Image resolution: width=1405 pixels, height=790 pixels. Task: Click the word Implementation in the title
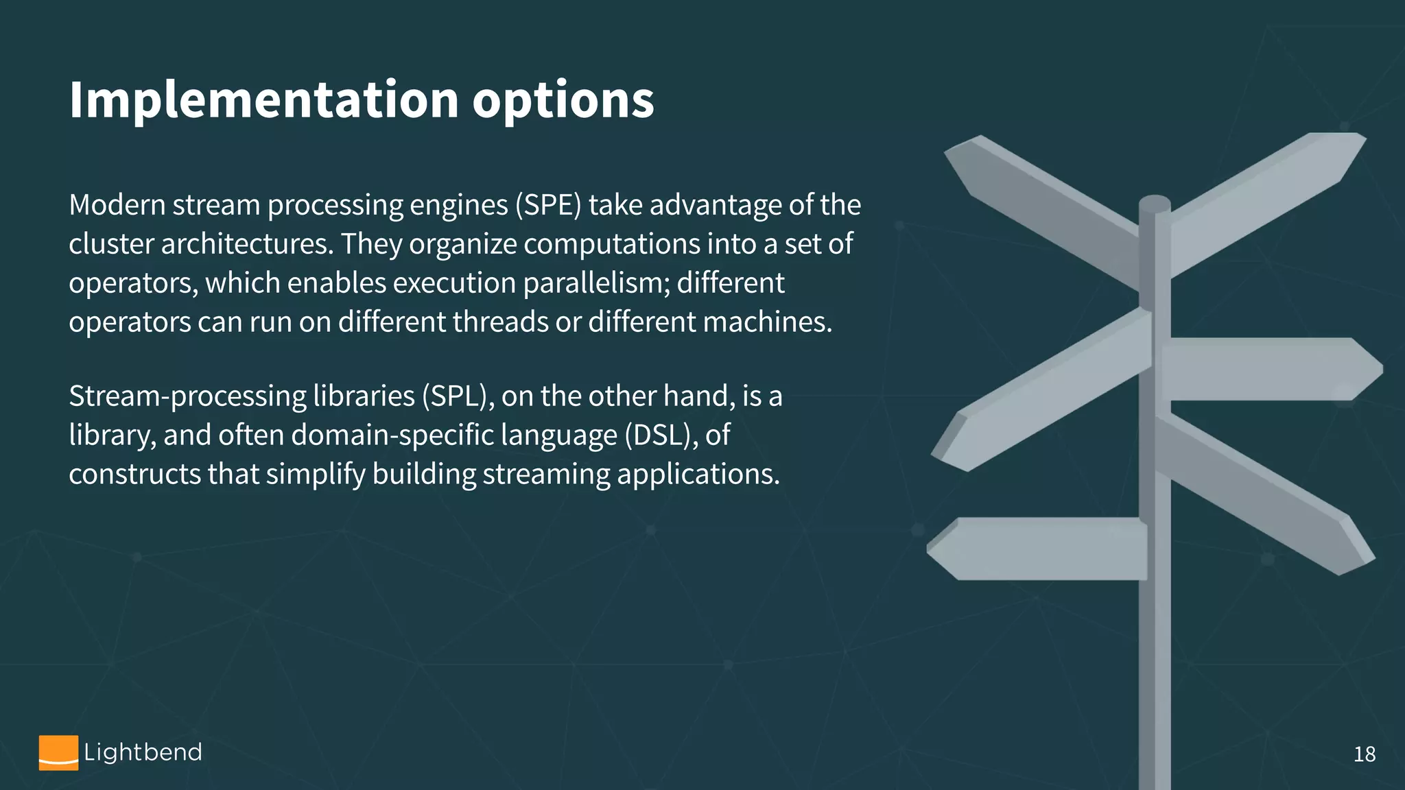[263, 100]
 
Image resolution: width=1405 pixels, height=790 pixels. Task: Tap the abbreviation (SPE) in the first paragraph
[548, 205]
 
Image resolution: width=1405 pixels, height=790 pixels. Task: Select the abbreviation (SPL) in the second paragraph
[458, 396]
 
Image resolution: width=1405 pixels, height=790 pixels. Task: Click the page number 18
[1364, 754]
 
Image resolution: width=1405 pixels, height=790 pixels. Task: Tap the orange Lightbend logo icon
[58, 753]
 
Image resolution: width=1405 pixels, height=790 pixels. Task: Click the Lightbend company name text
[143, 752]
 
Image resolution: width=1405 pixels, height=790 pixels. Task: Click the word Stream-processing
[187, 396]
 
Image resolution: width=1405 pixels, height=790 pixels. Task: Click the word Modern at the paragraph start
[117, 205]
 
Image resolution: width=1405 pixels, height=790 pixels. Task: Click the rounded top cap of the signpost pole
[1155, 204]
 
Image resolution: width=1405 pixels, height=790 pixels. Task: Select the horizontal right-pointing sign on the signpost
[1269, 369]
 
